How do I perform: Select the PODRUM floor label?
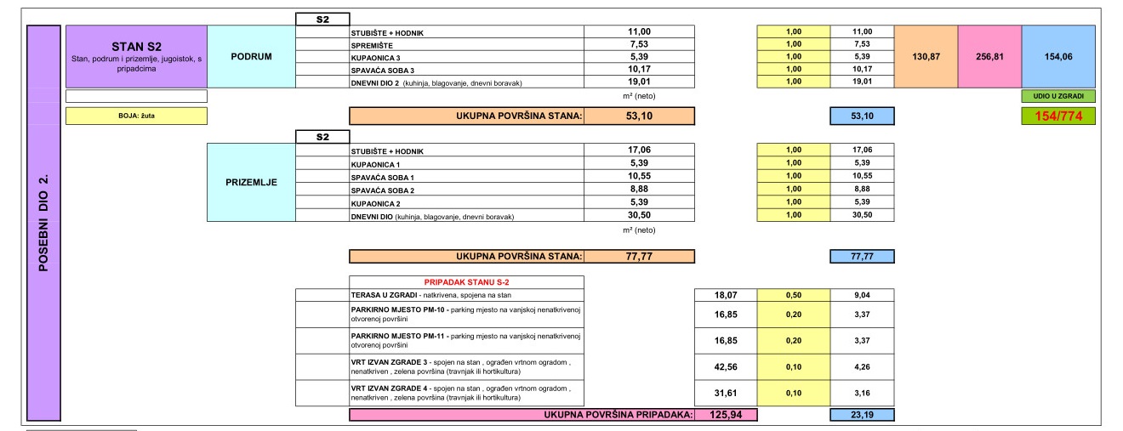tap(250, 56)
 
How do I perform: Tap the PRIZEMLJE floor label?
tap(250, 182)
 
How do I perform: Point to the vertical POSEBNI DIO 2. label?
tap(43, 223)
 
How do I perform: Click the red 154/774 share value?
tap(1057, 116)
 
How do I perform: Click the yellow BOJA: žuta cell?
tap(135, 116)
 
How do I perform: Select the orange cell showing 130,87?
tap(926, 56)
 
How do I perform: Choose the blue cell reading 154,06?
tap(1057, 56)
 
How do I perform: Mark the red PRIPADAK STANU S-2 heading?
tap(465, 281)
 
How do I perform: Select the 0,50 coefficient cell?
tap(794, 295)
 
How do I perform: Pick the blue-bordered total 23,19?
tap(861, 415)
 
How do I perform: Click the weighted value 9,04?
tap(861, 295)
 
